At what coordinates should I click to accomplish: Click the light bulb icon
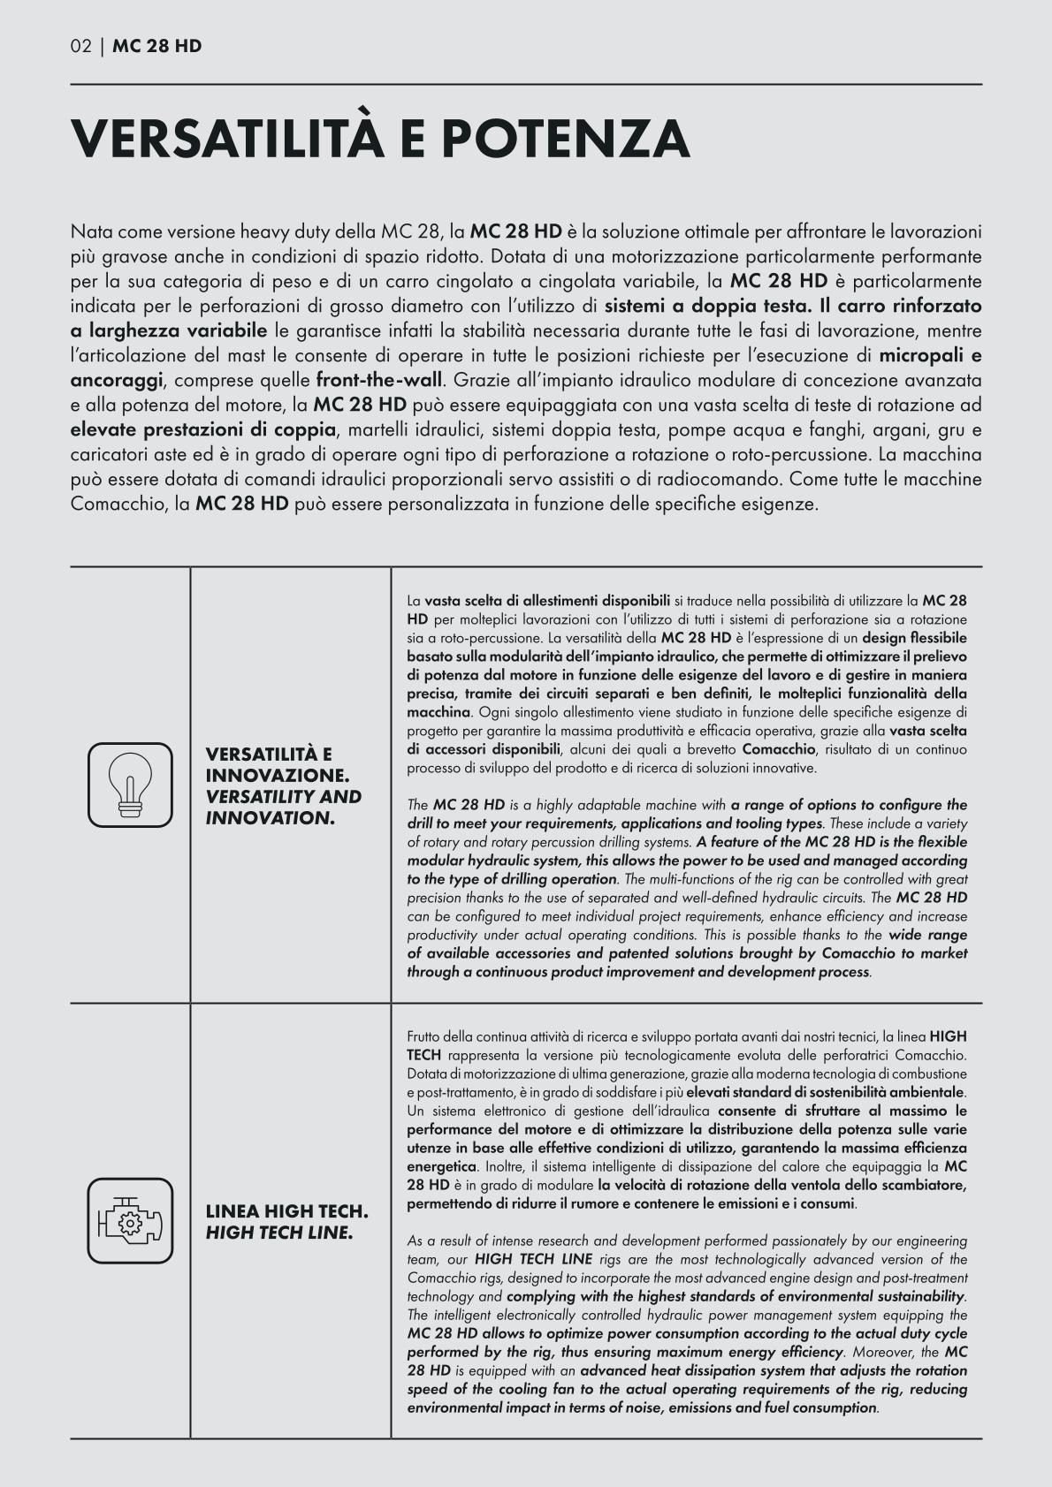(x=130, y=785)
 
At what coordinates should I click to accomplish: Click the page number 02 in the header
(x=80, y=46)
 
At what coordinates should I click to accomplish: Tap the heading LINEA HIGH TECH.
(x=286, y=1210)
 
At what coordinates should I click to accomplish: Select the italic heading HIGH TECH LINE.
(x=279, y=1232)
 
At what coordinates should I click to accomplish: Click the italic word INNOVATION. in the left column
(x=270, y=817)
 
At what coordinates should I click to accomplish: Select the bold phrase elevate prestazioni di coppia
(x=203, y=430)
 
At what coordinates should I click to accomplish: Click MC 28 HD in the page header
(x=157, y=46)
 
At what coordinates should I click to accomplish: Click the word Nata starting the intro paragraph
(x=91, y=232)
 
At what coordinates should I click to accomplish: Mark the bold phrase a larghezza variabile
(x=168, y=331)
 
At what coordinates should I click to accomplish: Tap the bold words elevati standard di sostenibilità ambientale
(x=825, y=1092)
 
